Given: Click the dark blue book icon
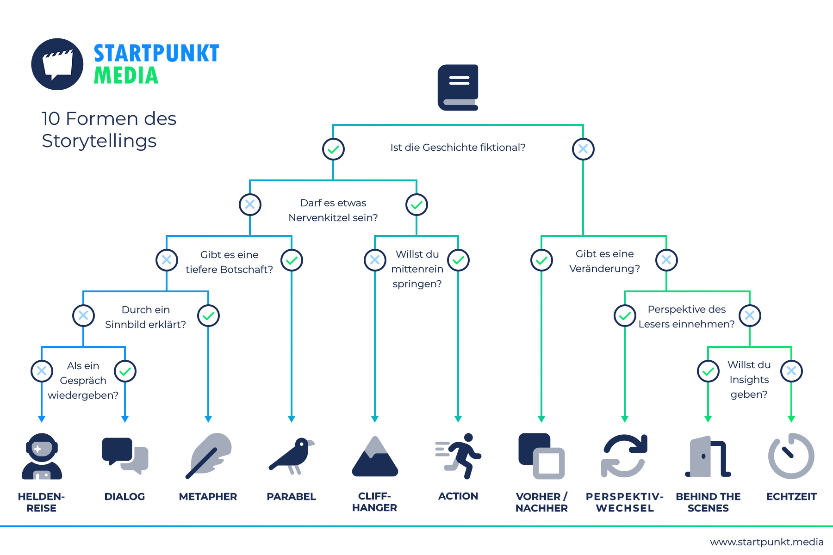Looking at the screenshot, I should [x=458, y=87].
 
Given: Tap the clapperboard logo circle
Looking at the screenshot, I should [x=57, y=64].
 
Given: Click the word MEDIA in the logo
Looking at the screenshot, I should [x=126, y=76].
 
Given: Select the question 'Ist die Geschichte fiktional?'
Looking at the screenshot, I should [x=458, y=148].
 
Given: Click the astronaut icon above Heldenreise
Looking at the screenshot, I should [x=42, y=456].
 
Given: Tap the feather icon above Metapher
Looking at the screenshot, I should [x=208, y=456].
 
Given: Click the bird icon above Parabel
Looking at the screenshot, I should [x=292, y=456].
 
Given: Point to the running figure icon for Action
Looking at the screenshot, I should [x=459, y=456].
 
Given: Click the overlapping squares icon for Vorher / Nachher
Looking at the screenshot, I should [x=541, y=456].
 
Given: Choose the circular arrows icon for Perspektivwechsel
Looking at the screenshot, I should [x=624, y=456].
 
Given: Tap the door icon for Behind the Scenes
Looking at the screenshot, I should [x=708, y=456].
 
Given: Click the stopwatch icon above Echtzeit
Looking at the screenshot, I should [x=791, y=456].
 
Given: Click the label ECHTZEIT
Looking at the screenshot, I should [x=791, y=497].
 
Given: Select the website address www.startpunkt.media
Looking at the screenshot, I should [x=767, y=542].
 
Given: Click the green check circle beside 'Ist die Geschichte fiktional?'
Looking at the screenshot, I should [x=333, y=149].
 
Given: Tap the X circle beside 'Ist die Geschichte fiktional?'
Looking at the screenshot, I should [x=583, y=149].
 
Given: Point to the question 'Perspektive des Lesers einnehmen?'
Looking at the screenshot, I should [x=687, y=317].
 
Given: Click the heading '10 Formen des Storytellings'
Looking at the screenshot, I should [x=109, y=129].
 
